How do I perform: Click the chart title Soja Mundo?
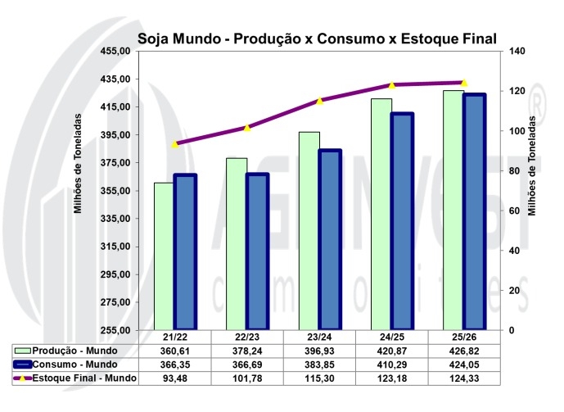coord(318,38)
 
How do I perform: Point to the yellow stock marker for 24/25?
coord(391,85)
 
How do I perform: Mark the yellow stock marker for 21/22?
coord(174,144)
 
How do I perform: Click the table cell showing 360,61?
coord(174,351)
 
